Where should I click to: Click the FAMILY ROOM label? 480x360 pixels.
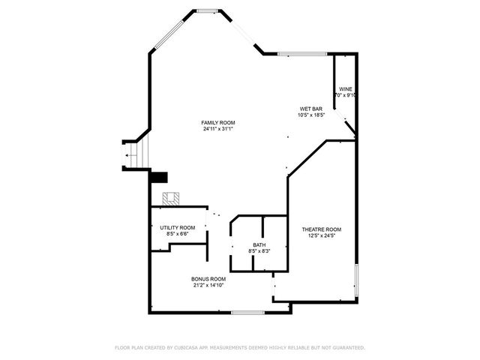[x=218, y=122]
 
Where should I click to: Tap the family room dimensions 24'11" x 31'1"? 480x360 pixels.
[x=218, y=129]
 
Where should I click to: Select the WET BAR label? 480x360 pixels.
[x=311, y=109]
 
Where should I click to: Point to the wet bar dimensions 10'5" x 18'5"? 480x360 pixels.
[x=311, y=115]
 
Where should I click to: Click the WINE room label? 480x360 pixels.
[x=346, y=88]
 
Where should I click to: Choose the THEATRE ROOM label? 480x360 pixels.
[x=322, y=229]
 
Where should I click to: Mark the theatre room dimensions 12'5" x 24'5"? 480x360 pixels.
[x=322, y=236]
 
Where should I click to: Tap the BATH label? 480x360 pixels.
[x=259, y=244]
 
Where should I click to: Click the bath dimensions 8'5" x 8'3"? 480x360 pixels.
[x=259, y=251]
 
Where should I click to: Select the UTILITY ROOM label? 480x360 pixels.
[x=178, y=227]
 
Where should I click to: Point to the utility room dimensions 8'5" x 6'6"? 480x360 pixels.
[x=178, y=234]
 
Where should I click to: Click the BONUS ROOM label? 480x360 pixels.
[x=208, y=278]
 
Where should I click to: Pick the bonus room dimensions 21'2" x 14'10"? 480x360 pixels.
[x=208, y=285]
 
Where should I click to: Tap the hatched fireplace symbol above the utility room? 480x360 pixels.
[x=172, y=199]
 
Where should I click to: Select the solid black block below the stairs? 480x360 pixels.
[x=160, y=177]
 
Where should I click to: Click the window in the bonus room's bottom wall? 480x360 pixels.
[x=247, y=312]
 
